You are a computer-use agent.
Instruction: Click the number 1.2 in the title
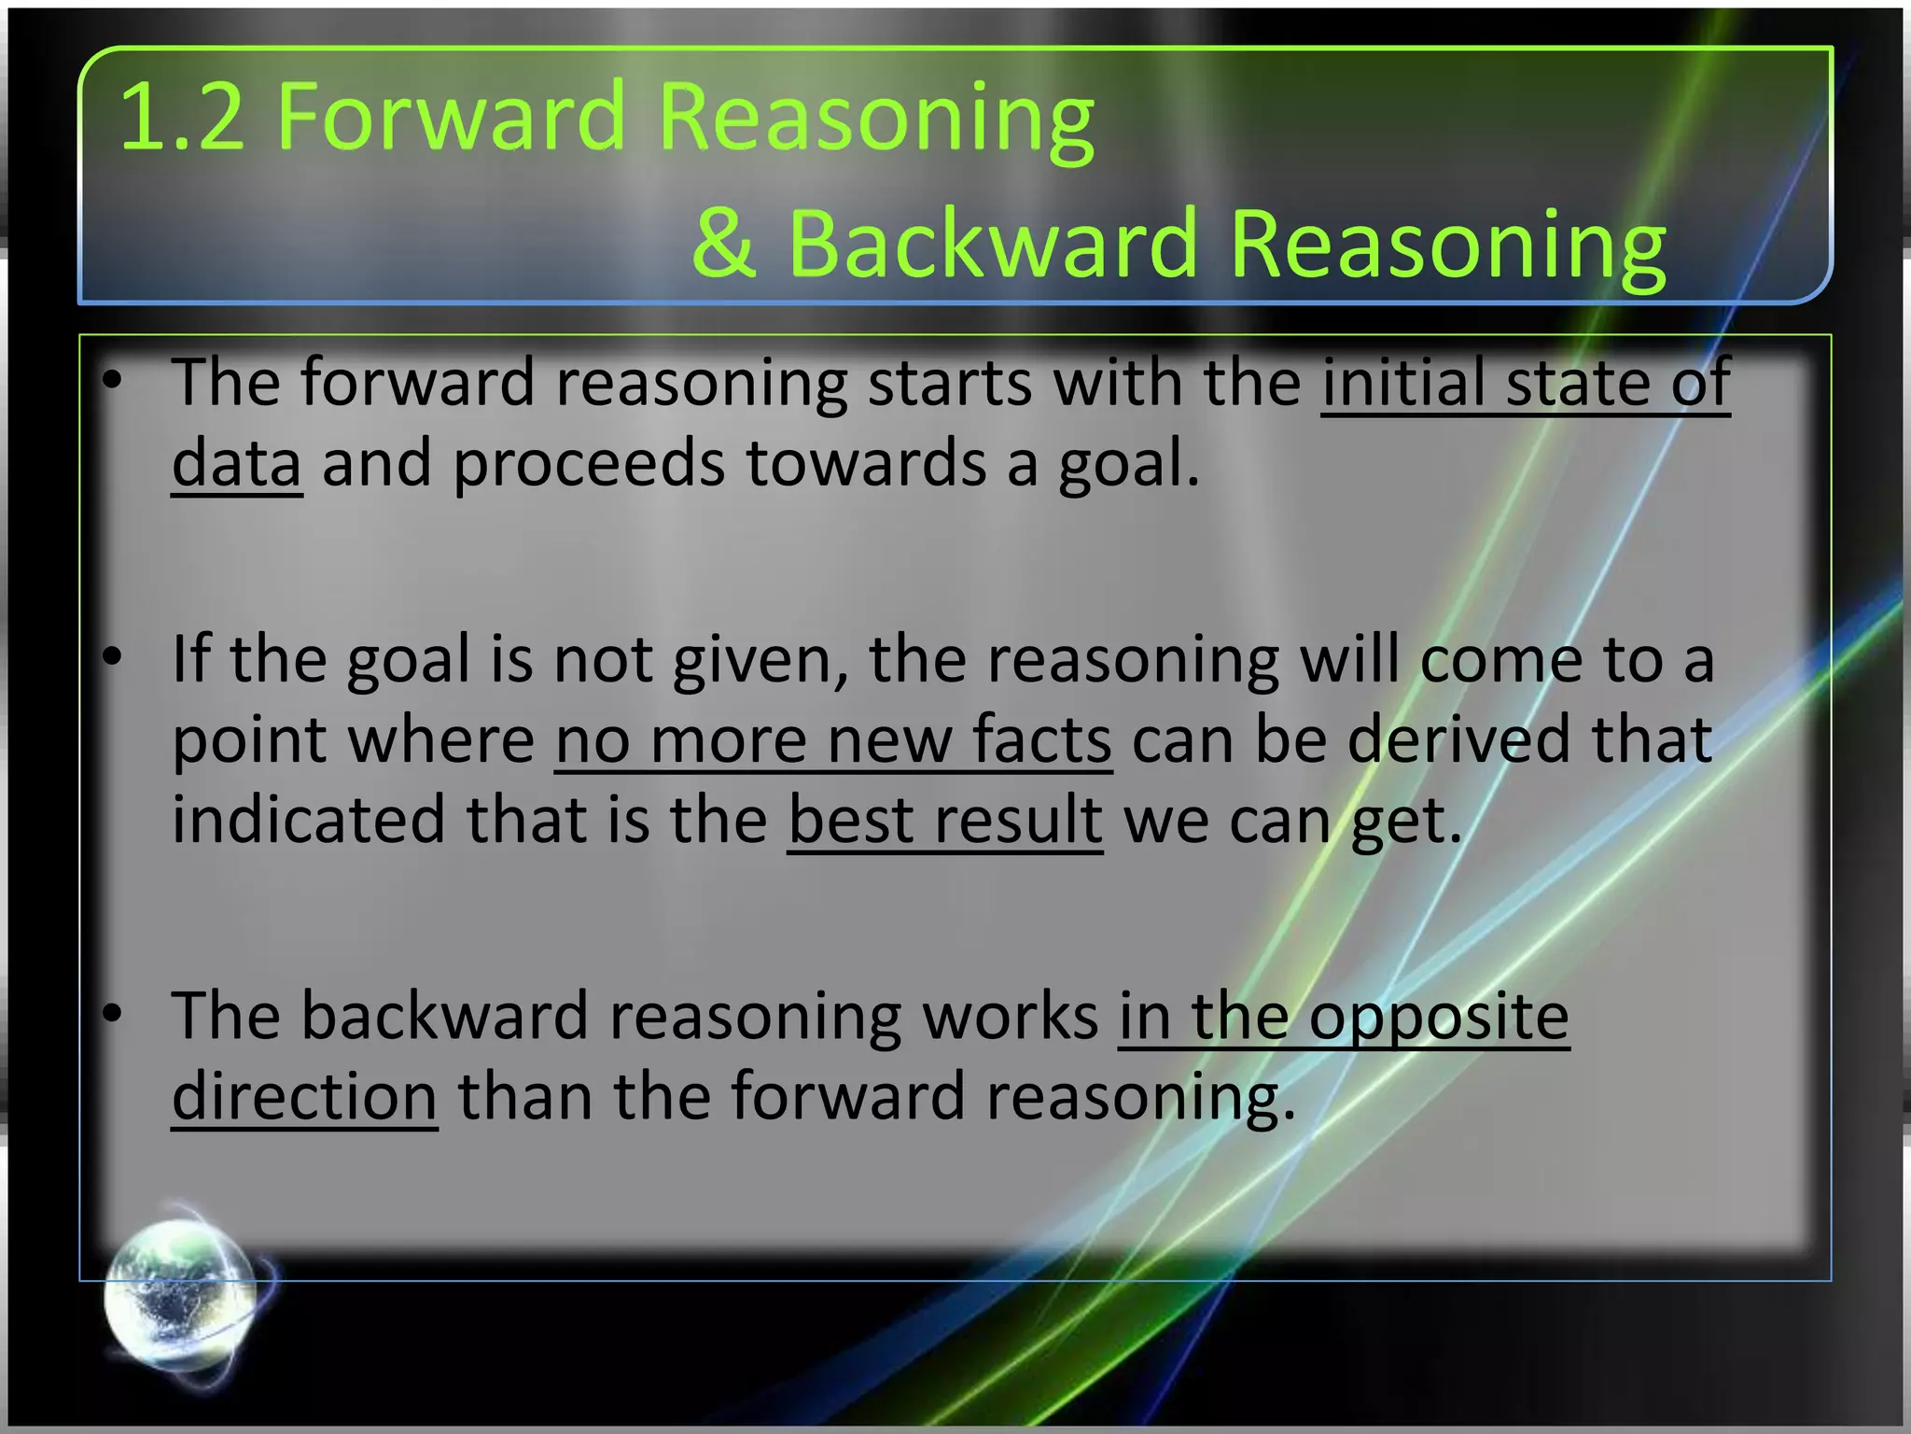[x=182, y=118]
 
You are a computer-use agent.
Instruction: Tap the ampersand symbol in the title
[x=724, y=244]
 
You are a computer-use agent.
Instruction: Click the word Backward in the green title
[x=992, y=244]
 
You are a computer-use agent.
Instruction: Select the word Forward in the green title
[x=451, y=118]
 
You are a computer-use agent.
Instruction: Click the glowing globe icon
[x=181, y=1294]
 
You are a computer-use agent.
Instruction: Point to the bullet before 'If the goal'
[x=113, y=657]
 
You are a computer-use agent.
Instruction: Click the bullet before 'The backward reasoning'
[x=113, y=1014]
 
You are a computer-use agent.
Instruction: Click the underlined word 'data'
[x=237, y=464]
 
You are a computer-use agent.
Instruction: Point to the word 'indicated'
[x=309, y=821]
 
